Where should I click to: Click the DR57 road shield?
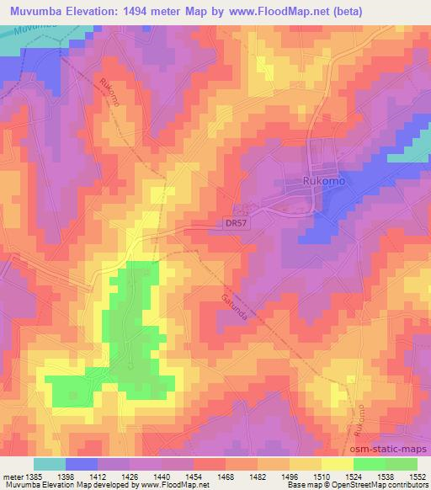coord(237,223)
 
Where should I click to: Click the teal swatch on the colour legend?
coord(50,464)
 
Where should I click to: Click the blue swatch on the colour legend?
coord(82,464)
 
